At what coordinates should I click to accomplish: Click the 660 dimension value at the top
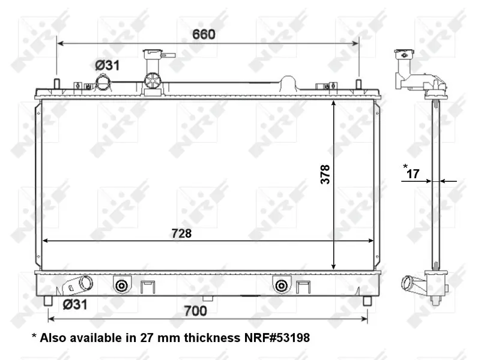click(x=204, y=34)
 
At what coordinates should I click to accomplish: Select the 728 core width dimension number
click(x=182, y=233)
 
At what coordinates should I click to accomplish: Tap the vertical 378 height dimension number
click(x=325, y=174)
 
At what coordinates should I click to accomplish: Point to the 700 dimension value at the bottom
click(x=195, y=311)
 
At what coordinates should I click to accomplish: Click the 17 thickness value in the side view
click(x=413, y=174)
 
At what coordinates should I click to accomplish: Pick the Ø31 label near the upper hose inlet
click(x=107, y=65)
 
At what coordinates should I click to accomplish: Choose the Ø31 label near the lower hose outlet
click(x=75, y=304)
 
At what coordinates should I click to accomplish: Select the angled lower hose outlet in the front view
click(x=78, y=285)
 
